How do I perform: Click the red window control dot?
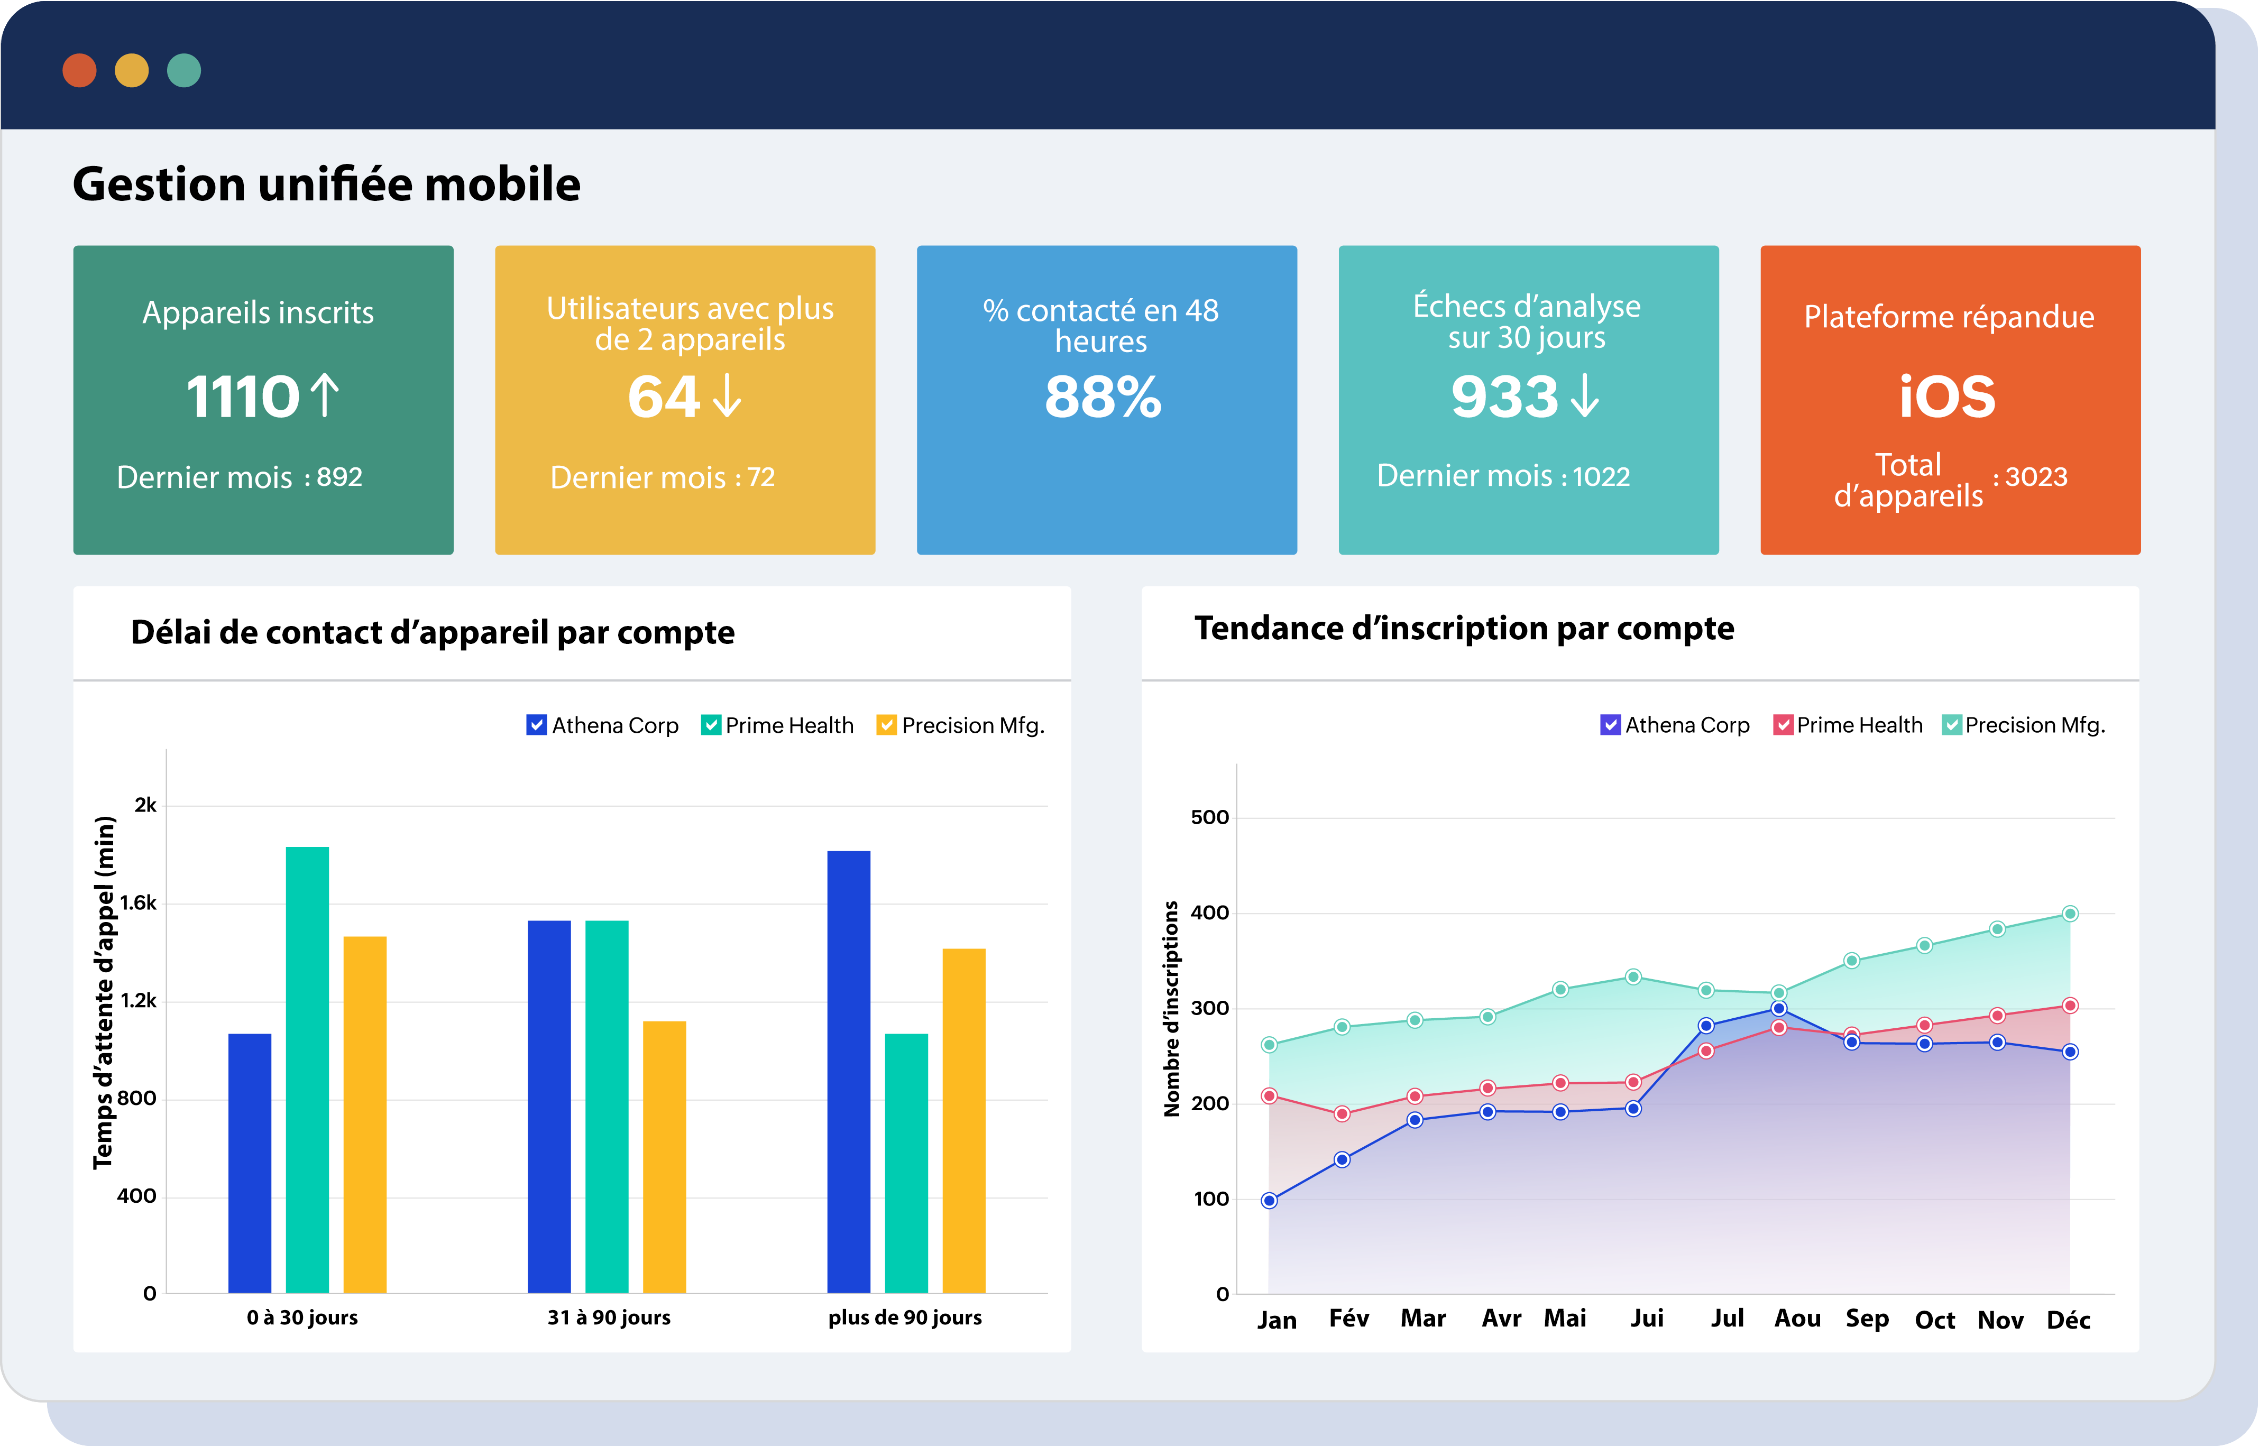pyautogui.click(x=79, y=70)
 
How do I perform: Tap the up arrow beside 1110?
pyautogui.click(x=324, y=395)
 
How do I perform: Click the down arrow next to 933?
pyautogui.click(x=1584, y=395)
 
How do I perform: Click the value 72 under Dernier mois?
pyautogui.click(x=760, y=477)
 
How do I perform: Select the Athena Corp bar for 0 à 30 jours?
pyautogui.click(x=250, y=1163)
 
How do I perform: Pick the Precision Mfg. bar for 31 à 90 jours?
pyautogui.click(x=664, y=1157)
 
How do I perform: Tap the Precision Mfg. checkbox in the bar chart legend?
pyautogui.click(x=885, y=725)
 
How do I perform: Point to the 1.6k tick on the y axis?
pyautogui.click(x=138, y=903)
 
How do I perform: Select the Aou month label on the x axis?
pyautogui.click(x=1797, y=1319)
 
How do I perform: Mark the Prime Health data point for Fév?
pyautogui.click(x=1342, y=1113)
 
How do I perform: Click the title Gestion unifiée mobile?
pyautogui.click(x=326, y=184)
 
